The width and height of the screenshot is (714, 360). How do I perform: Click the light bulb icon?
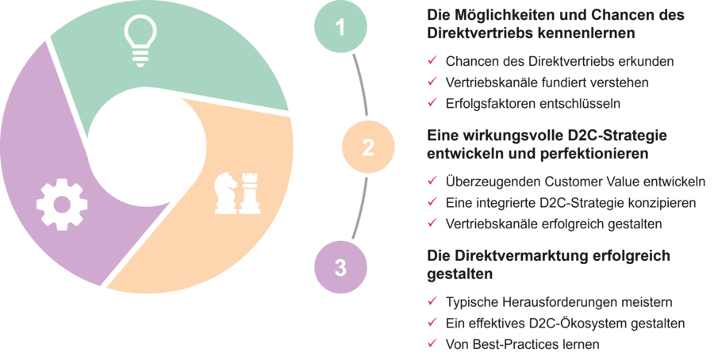click(x=140, y=40)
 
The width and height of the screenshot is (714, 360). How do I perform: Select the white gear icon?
click(x=61, y=205)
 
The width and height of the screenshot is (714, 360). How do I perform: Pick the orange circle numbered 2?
click(x=367, y=147)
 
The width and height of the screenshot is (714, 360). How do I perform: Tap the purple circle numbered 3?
click(x=340, y=267)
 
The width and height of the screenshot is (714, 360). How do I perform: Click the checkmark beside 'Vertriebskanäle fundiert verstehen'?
click(x=432, y=82)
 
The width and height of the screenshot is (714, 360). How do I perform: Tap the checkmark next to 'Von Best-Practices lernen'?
click(x=432, y=344)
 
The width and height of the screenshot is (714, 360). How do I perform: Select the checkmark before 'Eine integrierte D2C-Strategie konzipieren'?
click(x=432, y=203)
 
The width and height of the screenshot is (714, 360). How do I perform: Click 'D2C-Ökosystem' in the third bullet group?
click(x=555, y=324)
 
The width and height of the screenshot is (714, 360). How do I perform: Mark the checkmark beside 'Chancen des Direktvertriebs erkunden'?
click(x=432, y=61)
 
